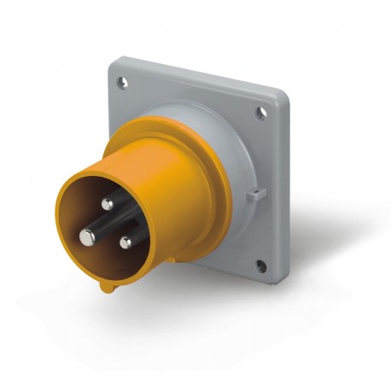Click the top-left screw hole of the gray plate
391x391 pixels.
click(x=122, y=83)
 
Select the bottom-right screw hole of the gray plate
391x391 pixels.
click(x=260, y=267)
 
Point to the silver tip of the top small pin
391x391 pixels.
click(x=107, y=203)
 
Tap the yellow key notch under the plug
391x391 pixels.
click(x=107, y=286)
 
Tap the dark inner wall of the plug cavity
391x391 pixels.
click(x=81, y=205)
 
